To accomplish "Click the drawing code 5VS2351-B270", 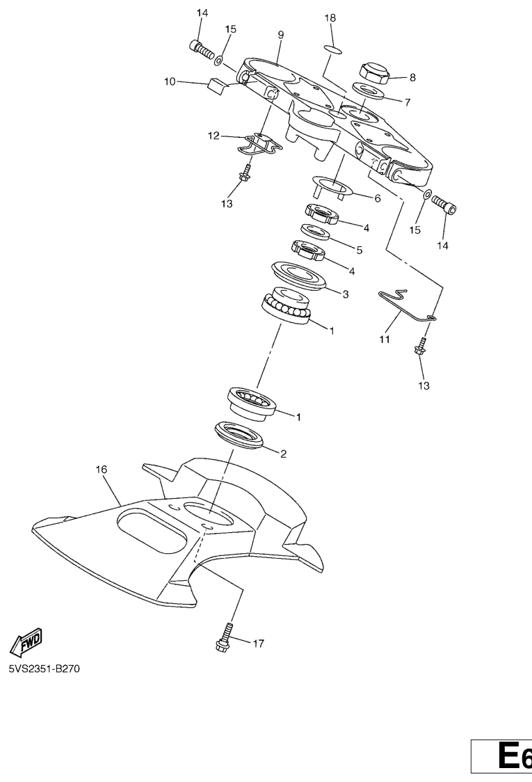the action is [44, 669].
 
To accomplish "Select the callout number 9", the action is [281, 35].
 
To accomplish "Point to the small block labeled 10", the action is [216, 85].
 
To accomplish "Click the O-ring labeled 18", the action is [333, 49].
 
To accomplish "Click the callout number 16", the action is [102, 470].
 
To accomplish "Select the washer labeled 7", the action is [369, 90].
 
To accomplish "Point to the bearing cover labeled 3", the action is [299, 275].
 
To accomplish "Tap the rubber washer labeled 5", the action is [316, 232].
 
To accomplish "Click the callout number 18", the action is [330, 18].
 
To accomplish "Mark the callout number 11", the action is [385, 340].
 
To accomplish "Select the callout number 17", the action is [258, 644].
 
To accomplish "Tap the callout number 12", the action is [213, 135].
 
